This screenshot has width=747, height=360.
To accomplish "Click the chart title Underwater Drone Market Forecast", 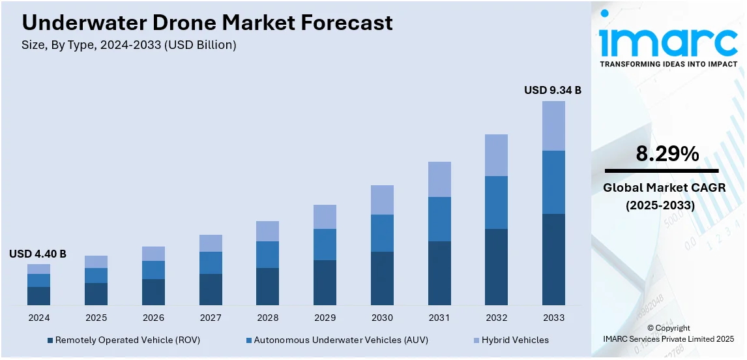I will pyautogui.click(x=207, y=23).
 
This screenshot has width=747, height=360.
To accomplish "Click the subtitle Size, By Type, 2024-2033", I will pyautogui.click(x=129, y=45).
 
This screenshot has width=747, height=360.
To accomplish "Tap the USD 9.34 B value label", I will pyautogui.click(x=552, y=90).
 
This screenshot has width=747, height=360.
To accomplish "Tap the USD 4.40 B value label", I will pyautogui.click(x=38, y=254).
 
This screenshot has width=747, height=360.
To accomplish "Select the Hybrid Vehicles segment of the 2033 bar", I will pyautogui.click(x=553, y=126).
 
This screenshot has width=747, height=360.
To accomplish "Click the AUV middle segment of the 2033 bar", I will pyautogui.click(x=553, y=182).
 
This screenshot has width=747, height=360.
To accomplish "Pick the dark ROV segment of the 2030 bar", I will pyautogui.click(x=382, y=278).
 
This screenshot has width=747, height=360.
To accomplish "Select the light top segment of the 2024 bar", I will pyautogui.click(x=38, y=269).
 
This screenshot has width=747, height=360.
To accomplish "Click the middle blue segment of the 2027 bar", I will pyautogui.click(x=211, y=263).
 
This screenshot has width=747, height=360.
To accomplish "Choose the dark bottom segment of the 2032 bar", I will pyautogui.click(x=496, y=267).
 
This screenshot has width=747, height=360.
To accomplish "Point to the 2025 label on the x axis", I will pyautogui.click(x=96, y=318).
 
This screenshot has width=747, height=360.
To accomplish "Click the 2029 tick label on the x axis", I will pyautogui.click(x=325, y=318).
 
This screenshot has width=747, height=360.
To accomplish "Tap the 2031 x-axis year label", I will pyautogui.click(x=439, y=318).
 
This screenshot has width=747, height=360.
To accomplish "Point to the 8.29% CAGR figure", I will pyautogui.click(x=667, y=155).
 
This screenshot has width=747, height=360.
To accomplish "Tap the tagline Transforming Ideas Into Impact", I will pyautogui.click(x=668, y=64).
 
